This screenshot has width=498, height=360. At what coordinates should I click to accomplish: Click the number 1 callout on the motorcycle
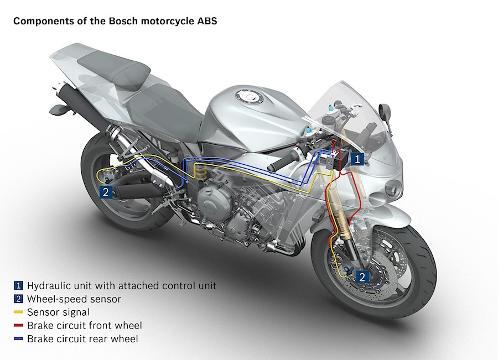pos(357,159)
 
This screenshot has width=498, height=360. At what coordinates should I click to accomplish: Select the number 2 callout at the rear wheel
pos(106,192)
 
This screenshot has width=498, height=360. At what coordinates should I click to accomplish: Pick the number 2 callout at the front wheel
pos(362,277)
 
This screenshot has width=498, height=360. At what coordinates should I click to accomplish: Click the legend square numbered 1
pos(18,285)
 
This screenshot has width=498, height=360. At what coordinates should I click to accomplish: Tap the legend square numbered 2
pos(18,299)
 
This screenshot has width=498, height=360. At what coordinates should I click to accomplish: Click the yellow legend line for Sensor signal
pos(18,312)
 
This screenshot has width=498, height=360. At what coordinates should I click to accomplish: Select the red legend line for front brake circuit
pos(18,325)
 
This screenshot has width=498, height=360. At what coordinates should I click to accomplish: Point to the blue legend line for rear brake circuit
pos(18,339)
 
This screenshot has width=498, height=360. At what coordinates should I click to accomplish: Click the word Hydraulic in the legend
pos(49,286)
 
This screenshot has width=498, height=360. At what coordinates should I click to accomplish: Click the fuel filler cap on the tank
pos(250,97)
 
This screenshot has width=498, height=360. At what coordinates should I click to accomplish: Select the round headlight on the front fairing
pos(394,188)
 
